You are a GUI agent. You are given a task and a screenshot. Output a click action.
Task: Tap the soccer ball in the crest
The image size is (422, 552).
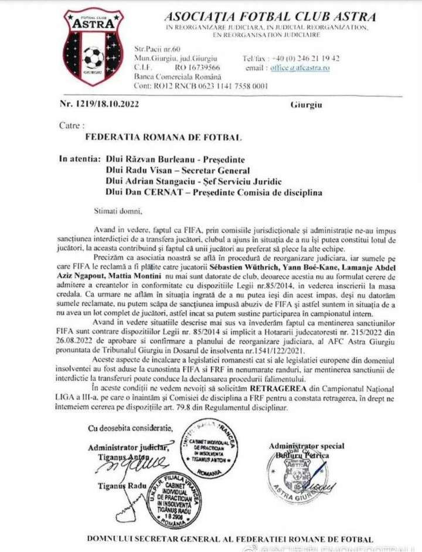coord(94,58)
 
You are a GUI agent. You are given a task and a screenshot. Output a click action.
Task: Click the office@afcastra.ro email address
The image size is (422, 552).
coord(300,68)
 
